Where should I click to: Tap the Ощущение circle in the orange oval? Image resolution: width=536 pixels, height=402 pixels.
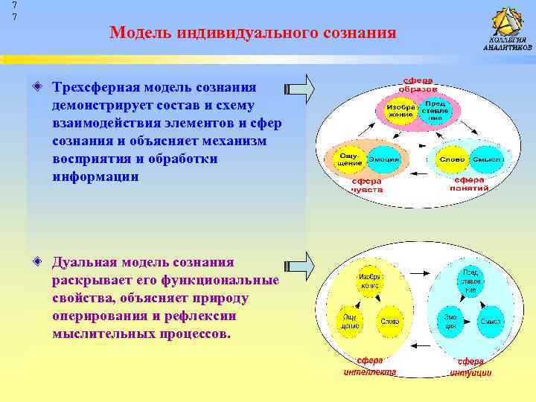click(x=348, y=159)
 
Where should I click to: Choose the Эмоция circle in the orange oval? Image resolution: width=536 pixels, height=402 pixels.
click(x=383, y=159)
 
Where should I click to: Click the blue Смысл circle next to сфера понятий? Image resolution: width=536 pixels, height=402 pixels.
click(x=487, y=159)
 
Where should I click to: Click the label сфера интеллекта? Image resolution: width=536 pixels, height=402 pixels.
click(x=369, y=366)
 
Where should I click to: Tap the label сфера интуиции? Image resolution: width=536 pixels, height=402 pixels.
click(x=470, y=366)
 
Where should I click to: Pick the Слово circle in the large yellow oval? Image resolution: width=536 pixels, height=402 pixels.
click(x=389, y=321)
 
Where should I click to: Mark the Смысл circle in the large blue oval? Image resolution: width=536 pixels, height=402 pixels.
click(x=490, y=321)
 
